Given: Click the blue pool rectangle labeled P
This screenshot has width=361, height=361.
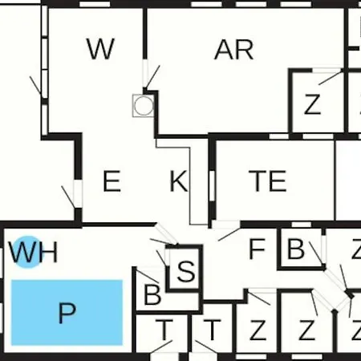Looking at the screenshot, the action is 67,312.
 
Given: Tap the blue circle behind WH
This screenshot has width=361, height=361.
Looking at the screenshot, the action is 28,252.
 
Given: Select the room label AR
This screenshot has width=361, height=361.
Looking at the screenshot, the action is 233,50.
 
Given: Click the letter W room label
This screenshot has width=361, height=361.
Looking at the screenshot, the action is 100,49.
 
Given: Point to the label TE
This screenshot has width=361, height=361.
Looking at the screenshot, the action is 267,181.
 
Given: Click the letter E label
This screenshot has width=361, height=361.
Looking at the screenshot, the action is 112,181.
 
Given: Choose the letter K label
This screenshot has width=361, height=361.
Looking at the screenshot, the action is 179,181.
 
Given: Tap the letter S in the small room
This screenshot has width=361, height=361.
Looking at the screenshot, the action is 186,271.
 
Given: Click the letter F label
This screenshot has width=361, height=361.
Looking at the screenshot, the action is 257,249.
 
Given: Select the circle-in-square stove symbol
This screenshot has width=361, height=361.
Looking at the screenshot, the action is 144,105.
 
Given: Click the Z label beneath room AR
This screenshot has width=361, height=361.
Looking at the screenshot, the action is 312,104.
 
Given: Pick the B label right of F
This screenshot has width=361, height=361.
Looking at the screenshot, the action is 295,249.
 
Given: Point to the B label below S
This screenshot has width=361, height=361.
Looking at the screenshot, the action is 152,294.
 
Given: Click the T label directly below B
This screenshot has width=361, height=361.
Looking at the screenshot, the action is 164,330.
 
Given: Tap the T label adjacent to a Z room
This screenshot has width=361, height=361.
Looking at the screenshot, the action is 212,330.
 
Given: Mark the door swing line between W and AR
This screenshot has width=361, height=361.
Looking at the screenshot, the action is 153,76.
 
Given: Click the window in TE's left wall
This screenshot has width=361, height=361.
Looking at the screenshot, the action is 212,185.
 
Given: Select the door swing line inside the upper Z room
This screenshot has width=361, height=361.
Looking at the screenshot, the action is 330,78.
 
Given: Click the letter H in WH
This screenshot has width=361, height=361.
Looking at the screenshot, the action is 49,252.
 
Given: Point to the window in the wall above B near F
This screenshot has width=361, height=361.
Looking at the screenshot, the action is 301,225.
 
